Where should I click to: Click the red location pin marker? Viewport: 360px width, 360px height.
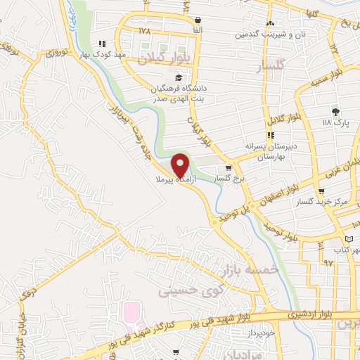[x=181, y=165]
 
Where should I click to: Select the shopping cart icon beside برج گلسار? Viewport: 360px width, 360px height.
[x=229, y=169]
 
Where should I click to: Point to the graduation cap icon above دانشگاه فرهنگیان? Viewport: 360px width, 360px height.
[x=179, y=77]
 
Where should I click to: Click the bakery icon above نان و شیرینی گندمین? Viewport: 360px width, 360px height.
[x=270, y=24]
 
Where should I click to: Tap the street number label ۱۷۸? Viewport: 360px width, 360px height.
[x=145, y=31]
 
